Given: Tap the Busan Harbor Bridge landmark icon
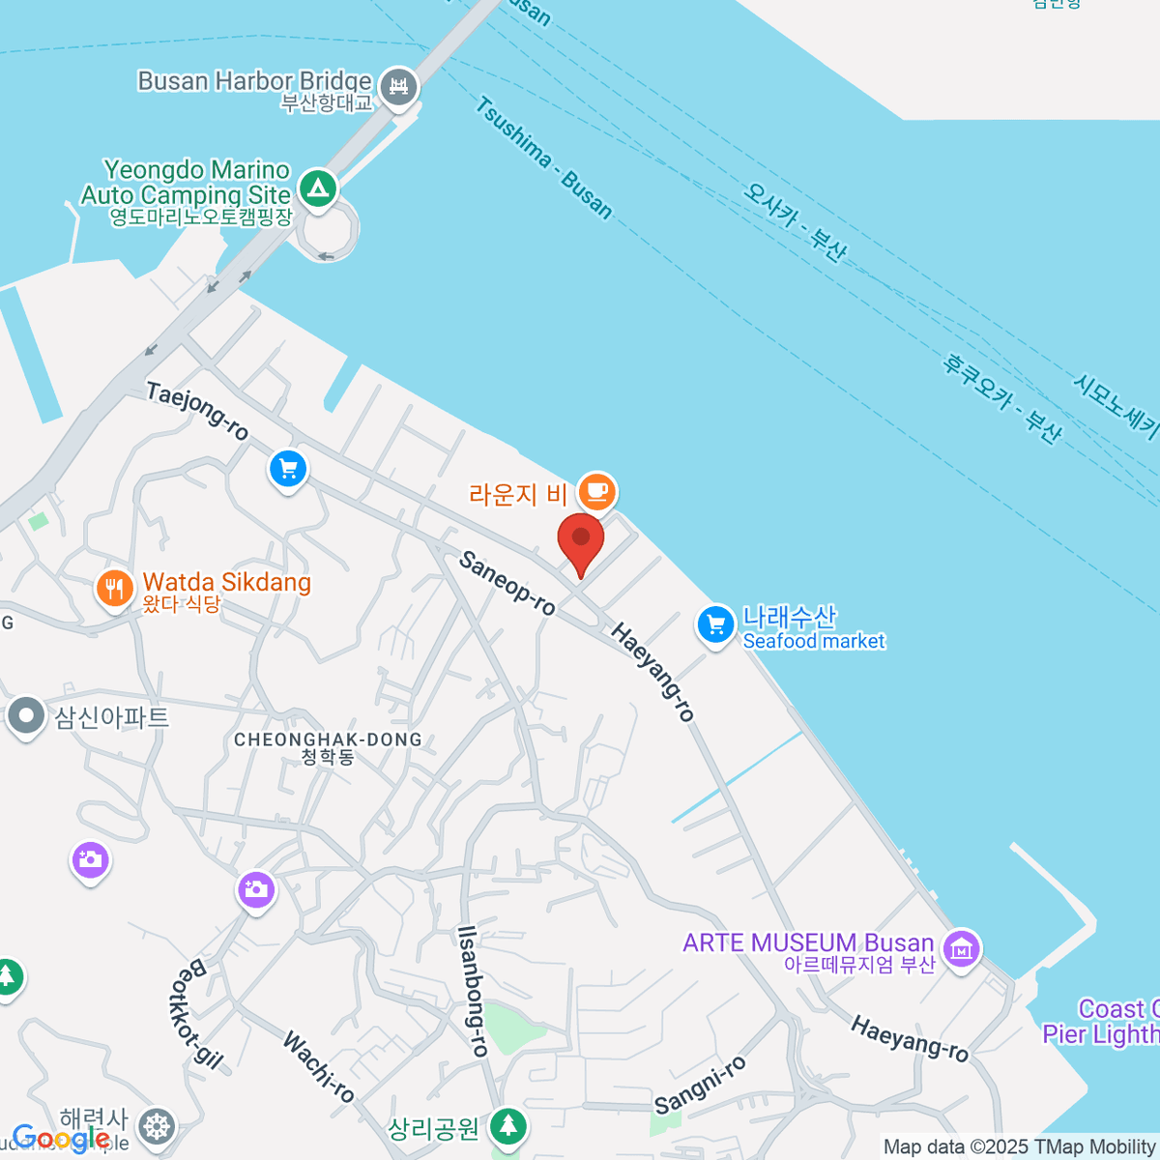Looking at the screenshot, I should point(397,86).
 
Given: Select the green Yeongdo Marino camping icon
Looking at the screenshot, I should point(317,187).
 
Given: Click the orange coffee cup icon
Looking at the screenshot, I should point(596,491).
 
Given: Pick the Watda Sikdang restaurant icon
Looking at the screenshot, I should point(114,588).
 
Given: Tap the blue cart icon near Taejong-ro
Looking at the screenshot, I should point(287,470).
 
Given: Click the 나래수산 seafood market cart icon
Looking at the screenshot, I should point(715,624).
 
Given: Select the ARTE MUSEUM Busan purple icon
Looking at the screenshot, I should point(961,949).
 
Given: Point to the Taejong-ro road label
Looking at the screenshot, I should point(197,410).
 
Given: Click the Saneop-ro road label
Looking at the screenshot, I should point(507,582).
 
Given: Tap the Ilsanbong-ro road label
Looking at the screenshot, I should point(473,990).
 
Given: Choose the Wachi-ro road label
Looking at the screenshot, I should point(319,1066).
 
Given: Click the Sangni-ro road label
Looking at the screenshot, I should point(701,1085).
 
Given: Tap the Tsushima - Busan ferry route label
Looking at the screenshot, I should point(544,158).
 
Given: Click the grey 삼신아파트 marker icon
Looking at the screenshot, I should point(25,716).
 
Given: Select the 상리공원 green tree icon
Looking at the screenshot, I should point(507,1125).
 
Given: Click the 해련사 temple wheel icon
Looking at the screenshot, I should point(156,1126).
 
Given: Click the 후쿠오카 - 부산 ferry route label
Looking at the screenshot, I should point(1002,398).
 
